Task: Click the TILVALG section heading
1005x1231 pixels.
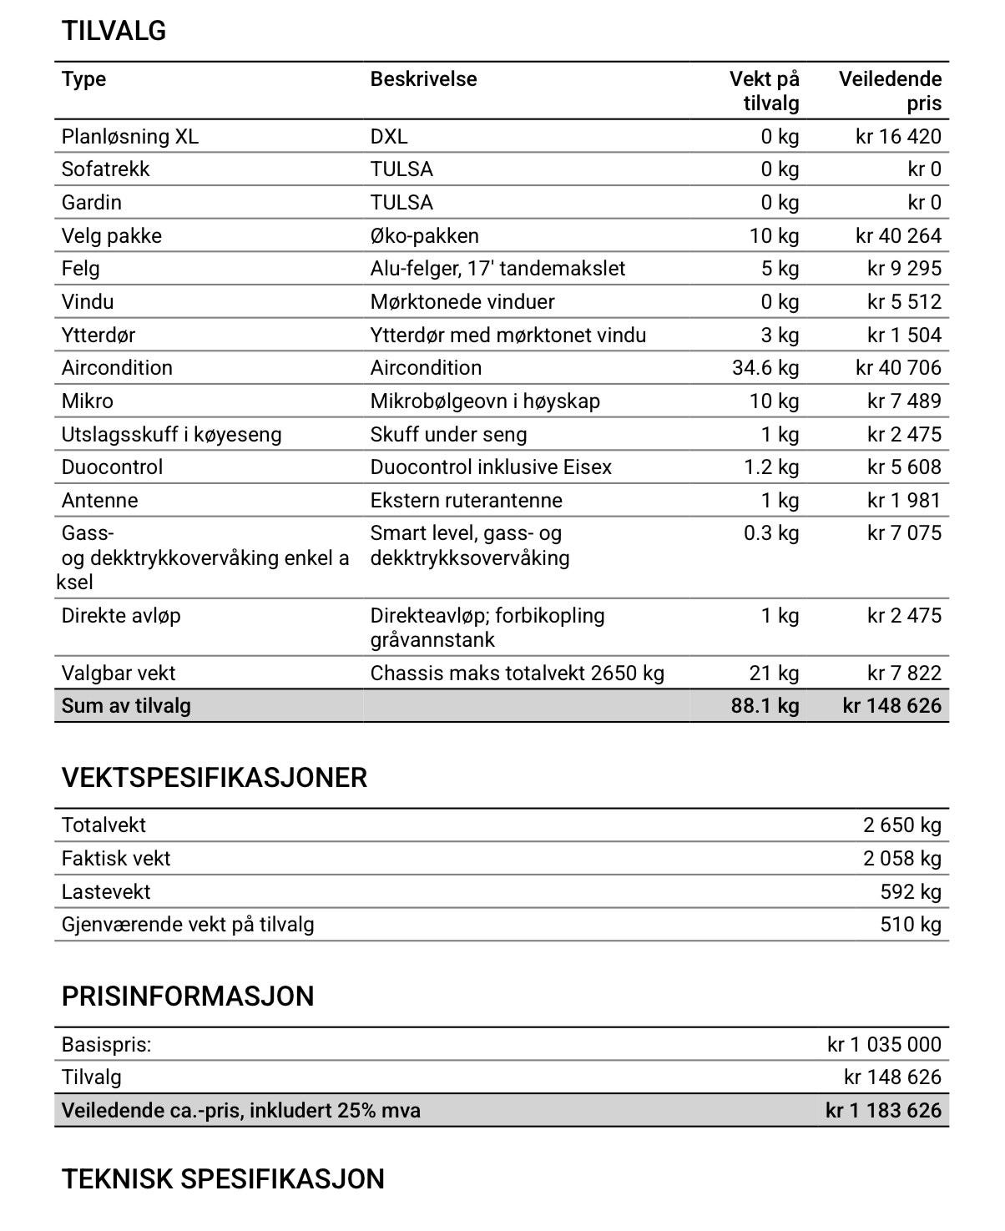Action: point(114,31)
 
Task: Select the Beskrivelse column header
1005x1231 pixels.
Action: point(423,79)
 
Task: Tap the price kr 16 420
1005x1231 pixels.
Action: point(898,136)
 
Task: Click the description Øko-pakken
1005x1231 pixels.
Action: point(424,235)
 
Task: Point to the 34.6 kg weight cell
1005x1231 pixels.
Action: point(765,368)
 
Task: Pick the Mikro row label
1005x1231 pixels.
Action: point(87,401)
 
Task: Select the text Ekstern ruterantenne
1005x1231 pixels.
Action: point(466,501)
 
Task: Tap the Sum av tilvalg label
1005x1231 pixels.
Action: point(126,706)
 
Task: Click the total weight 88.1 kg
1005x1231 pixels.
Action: point(765,706)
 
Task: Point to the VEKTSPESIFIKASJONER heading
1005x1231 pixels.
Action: point(214,778)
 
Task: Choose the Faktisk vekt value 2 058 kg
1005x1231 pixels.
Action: point(901,859)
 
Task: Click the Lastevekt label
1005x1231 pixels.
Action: point(106,892)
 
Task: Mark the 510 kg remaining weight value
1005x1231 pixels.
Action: point(910,925)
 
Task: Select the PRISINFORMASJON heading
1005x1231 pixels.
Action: point(188,996)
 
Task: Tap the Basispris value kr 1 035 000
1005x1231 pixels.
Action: point(884,1045)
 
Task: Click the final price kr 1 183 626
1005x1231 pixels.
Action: point(883,1111)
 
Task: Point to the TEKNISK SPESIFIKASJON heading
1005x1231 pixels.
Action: point(223,1179)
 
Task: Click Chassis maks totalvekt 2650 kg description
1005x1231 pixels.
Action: point(517,674)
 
